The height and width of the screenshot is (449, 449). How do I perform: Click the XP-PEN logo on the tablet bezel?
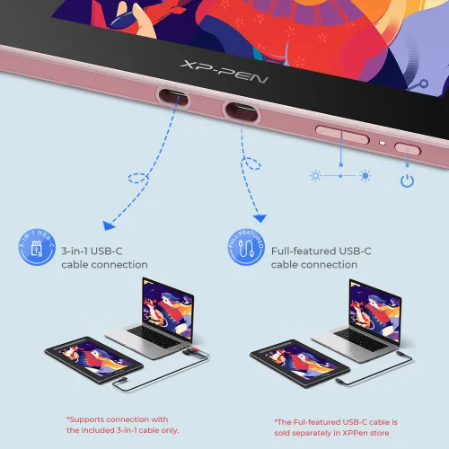pyautogui.click(x=224, y=72)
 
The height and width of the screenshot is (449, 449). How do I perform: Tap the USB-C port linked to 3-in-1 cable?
pyautogui.click(x=173, y=96)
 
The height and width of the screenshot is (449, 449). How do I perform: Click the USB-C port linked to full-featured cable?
pyautogui.click(x=242, y=111)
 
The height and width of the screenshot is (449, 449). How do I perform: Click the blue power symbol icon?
pyautogui.click(x=407, y=180)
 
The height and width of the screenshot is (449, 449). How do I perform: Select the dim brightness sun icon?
pyautogui.click(x=315, y=176)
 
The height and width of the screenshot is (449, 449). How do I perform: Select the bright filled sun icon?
pyautogui.click(x=365, y=176)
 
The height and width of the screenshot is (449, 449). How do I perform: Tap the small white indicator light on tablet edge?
pyautogui.click(x=383, y=143)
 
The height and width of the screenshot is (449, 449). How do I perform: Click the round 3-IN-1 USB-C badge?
pyautogui.click(x=37, y=247)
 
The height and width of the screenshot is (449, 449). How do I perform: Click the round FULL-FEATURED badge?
pyautogui.click(x=246, y=247)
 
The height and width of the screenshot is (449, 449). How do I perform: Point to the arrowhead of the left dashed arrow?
pyautogui.click(x=109, y=225)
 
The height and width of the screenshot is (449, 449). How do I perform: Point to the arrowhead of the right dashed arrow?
pyautogui.click(x=260, y=218)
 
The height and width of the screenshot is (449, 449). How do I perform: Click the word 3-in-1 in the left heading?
pyautogui.click(x=75, y=251)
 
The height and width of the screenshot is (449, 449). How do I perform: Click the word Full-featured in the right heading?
pyautogui.click(x=304, y=251)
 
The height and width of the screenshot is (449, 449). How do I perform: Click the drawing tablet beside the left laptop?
pyautogui.click(x=94, y=360)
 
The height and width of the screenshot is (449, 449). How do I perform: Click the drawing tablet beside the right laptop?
pyautogui.click(x=300, y=363)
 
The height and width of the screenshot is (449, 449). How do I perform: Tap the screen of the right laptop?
pyautogui.click(x=374, y=312)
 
